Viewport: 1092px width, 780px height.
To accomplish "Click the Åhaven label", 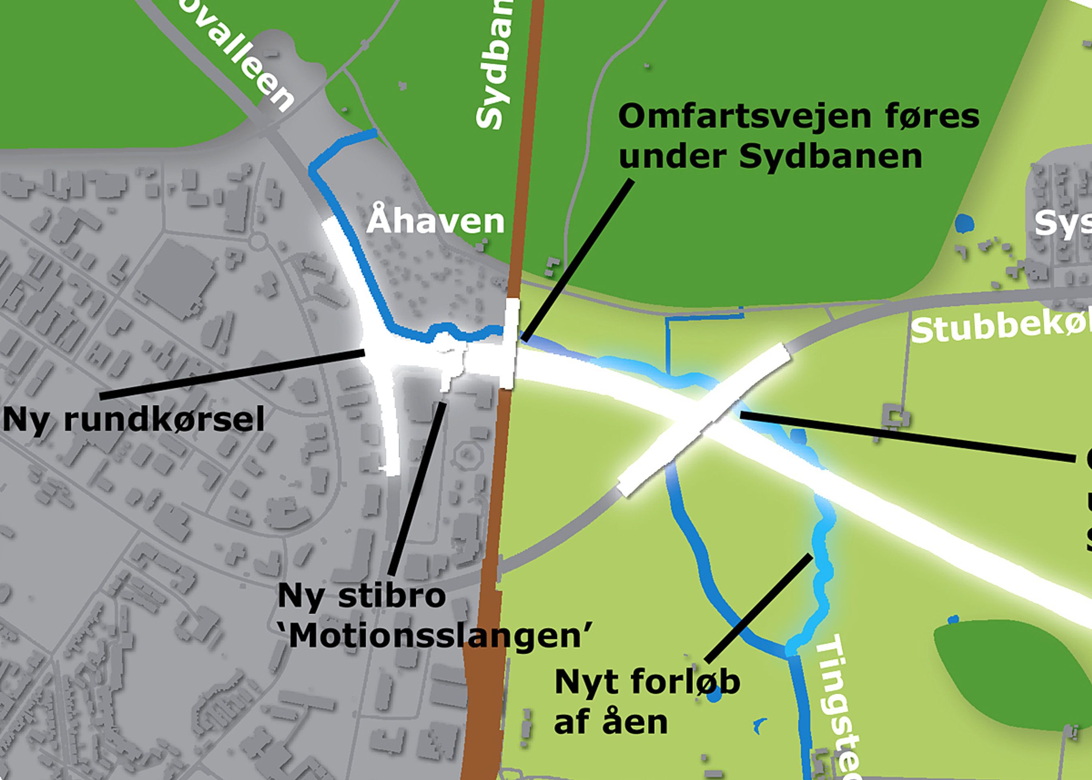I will pyautogui.click(x=435, y=222).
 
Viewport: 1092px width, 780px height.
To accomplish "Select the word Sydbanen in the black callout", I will pyautogui.click(x=830, y=156).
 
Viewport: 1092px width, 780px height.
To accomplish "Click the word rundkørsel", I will pyautogui.click(x=164, y=420).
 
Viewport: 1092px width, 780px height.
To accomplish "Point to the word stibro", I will pyautogui.click(x=392, y=596).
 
